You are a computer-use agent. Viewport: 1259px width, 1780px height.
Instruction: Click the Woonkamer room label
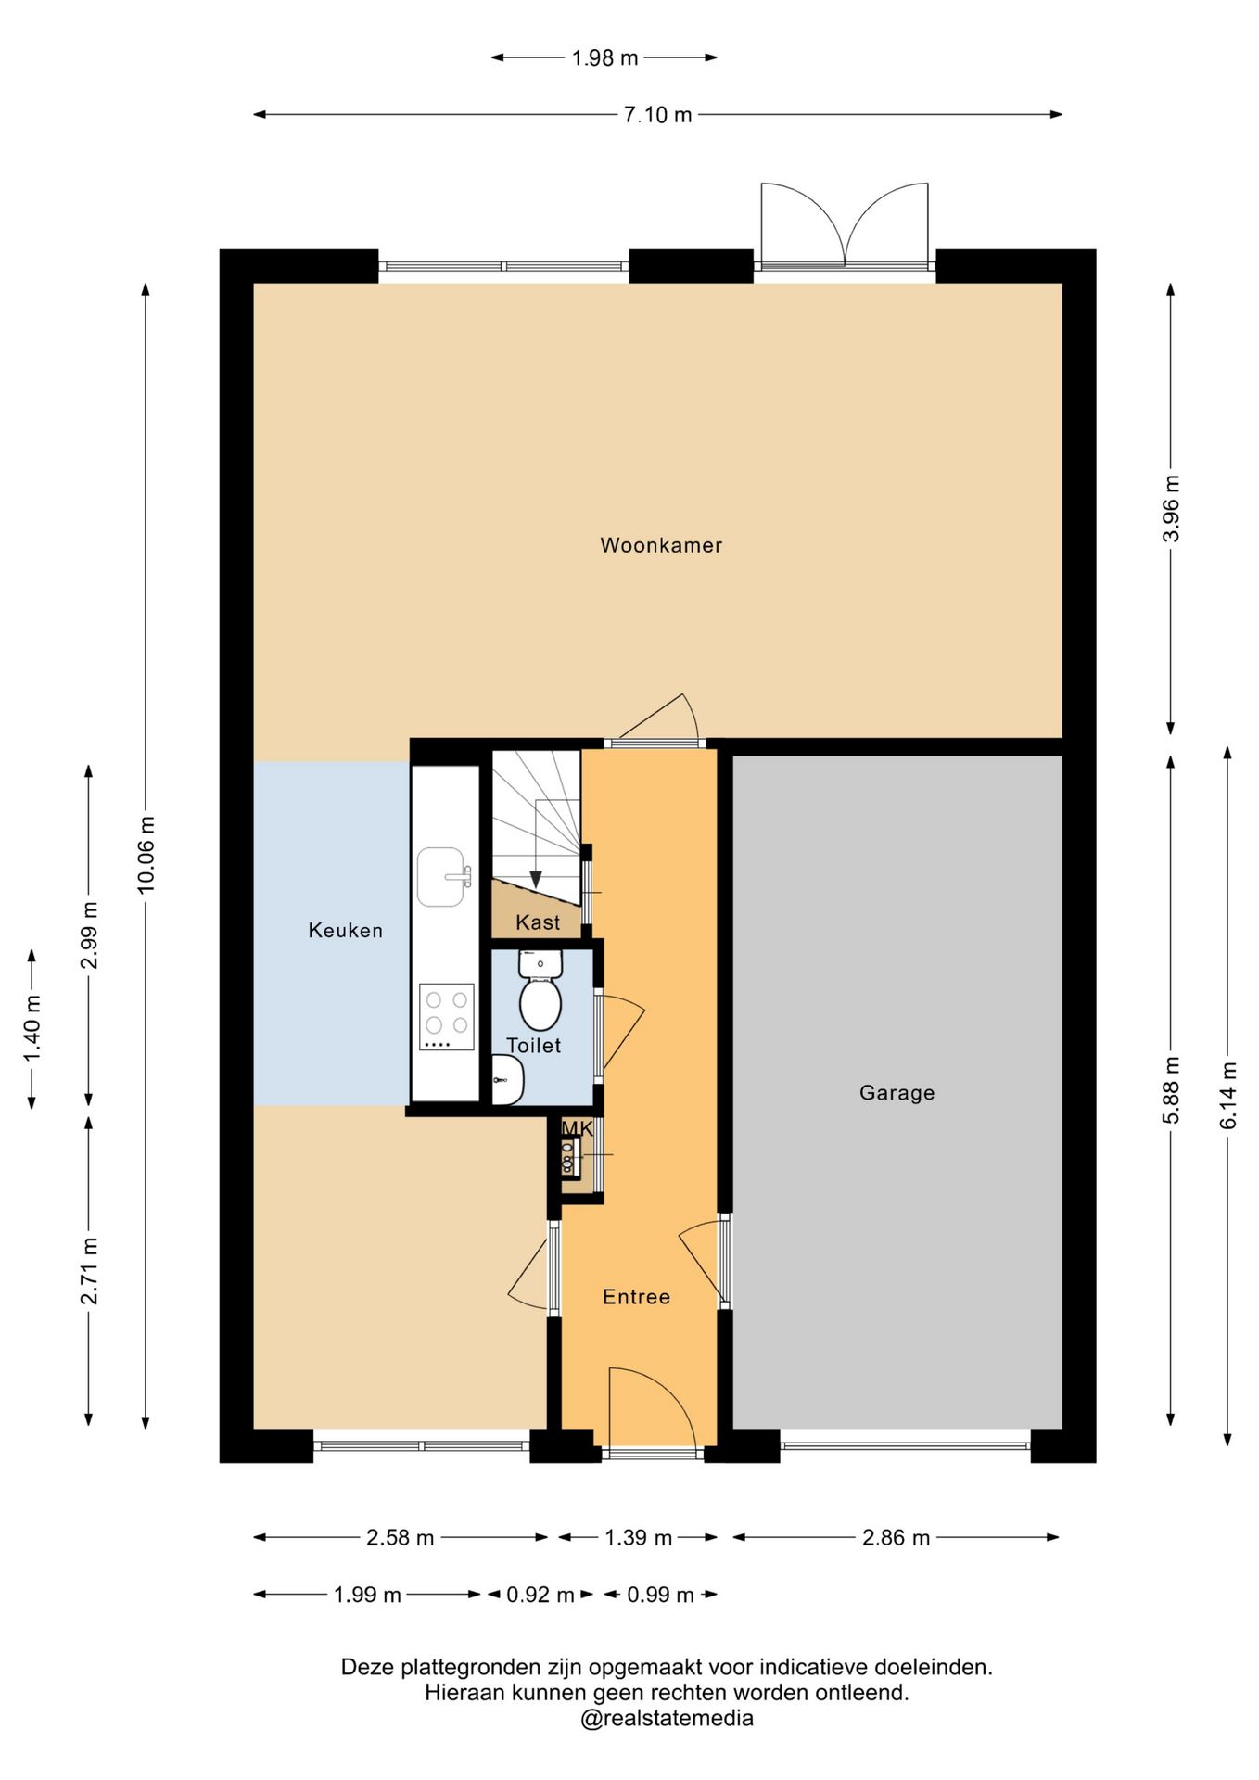[661, 545]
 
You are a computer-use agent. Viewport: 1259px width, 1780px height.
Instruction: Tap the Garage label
[897, 1092]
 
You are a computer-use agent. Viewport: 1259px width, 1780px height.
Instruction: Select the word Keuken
[345, 930]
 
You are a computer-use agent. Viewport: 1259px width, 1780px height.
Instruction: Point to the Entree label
[636, 1297]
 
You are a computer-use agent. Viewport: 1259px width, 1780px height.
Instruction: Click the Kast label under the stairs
[538, 922]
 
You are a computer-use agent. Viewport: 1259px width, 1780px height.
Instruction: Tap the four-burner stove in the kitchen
[447, 1017]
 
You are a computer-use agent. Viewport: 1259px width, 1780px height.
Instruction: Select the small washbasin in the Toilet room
[507, 1080]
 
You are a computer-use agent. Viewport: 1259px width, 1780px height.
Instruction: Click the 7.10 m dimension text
[657, 115]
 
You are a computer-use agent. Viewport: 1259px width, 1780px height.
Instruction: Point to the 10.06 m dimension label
[146, 855]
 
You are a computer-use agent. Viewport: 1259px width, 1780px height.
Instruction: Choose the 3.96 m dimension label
[1172, 508]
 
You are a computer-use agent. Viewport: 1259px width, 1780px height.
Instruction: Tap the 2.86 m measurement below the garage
[896, 1537]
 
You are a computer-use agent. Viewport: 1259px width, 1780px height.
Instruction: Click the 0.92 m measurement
[540, 1595]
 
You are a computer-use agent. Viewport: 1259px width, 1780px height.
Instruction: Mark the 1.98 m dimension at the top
[604, 57]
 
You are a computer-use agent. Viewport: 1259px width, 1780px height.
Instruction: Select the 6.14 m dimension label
[1228, 1095]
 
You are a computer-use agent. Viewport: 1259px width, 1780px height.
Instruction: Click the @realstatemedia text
[667, 1718]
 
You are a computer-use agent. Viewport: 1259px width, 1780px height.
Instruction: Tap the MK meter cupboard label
[577, 1128]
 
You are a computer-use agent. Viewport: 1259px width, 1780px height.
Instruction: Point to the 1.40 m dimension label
[32, 1029]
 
